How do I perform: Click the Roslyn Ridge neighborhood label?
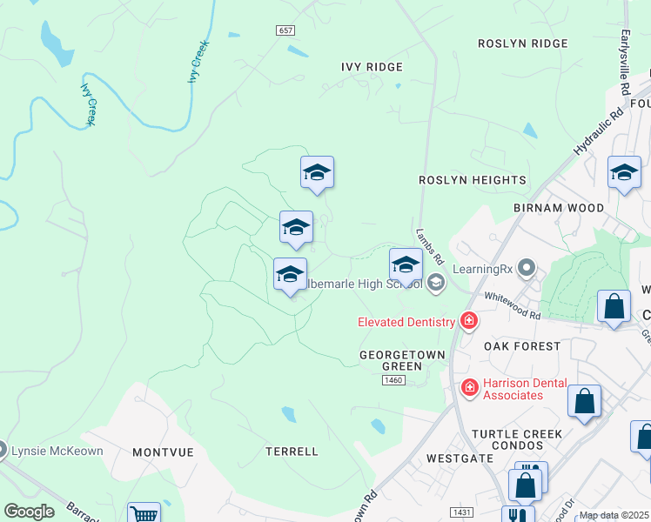[523, 43]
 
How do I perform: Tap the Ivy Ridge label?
[372, 67]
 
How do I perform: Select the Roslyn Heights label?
[473, 180]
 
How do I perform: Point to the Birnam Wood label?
[558, 208]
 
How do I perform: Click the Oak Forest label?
[522, 345]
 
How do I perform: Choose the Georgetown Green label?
[403, 361]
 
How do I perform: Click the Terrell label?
[292, 452]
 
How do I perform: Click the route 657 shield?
[286, 30]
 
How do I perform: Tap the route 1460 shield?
[394, 380]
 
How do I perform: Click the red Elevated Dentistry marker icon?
[469, 321]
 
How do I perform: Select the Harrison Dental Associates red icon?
[469, 386]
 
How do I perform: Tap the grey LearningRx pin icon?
[526, 267]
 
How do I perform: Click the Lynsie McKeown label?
[56, 451]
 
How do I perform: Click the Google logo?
[29, 512]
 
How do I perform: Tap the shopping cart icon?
[144, 514]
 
